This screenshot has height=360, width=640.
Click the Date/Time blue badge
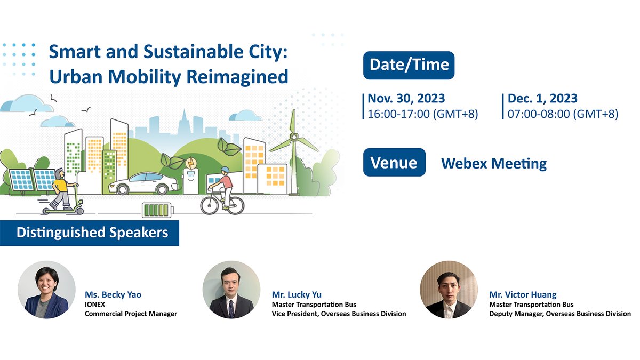tap(409, 65)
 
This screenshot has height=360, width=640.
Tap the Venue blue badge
tap(394, 162)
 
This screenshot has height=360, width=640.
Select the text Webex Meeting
tap(493, 163)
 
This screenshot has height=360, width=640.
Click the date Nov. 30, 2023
tap(406, 99)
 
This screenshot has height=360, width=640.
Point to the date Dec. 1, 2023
tap(542, 99)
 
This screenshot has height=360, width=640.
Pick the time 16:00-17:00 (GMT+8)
tap(423, 114)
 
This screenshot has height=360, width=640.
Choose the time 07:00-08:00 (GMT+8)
tap(563, 114)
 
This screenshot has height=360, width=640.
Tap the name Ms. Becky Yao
tap(113, 294)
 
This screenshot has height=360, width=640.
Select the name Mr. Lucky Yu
tap(297, 294)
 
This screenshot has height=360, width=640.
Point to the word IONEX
tap(95, 304)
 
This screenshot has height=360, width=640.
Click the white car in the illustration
tap(143, 183)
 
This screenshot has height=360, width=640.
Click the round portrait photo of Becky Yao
tap(43, 290)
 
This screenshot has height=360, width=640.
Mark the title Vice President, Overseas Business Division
tap(339, 314)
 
